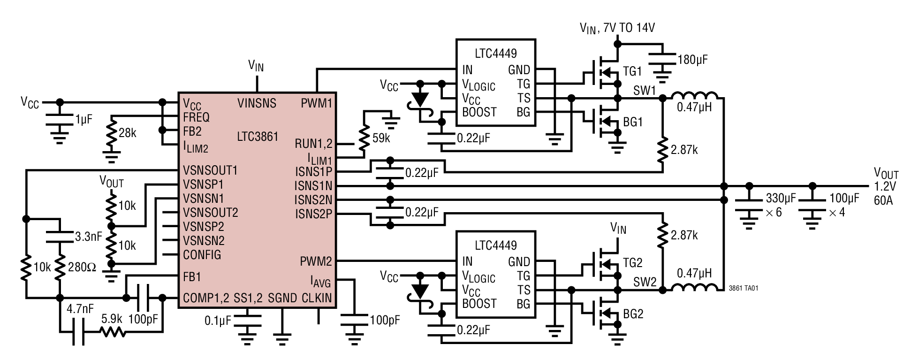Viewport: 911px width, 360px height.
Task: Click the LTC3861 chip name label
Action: (258, 137)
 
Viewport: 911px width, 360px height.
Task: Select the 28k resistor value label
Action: (127, 133)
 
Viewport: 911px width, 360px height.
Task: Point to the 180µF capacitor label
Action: (692, 60)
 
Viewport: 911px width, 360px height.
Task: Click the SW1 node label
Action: (645, 90)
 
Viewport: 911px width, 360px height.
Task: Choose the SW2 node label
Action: (645, 282)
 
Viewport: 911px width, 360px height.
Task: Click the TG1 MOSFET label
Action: (632, 72)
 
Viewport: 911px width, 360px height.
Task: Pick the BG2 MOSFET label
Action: (633, 314)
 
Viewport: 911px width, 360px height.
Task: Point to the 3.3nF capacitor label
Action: (89, 237)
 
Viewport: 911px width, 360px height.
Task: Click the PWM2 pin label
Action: (316, 261)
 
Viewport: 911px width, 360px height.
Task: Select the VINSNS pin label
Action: (257, 103)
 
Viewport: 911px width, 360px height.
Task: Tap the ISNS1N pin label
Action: (313, 186)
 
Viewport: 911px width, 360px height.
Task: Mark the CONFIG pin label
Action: (202, 255)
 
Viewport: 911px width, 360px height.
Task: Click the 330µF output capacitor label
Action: (781, 198)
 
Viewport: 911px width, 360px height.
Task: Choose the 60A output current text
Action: (883, 200)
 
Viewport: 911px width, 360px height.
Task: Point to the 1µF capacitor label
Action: (84, 119)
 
